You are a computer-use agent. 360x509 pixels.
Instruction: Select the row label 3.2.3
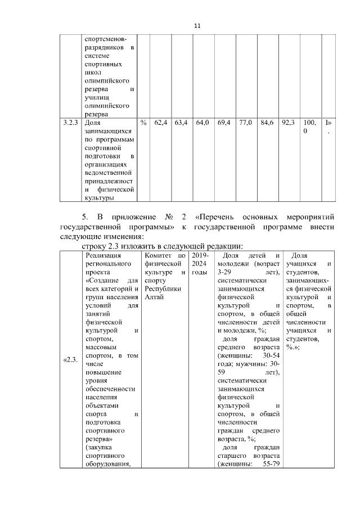[71, 122]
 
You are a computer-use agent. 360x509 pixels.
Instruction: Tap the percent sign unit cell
[143, 122]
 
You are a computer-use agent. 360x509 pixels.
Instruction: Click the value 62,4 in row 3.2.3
[161, 122]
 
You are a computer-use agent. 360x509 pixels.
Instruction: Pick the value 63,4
[181, 122]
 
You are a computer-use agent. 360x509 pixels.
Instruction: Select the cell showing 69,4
[223, 122]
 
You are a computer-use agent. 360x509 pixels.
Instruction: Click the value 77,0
[245, 122]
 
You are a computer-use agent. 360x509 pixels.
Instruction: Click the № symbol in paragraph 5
[171, 217]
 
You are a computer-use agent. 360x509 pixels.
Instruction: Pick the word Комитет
[157, 256]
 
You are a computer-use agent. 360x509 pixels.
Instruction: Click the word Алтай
[154, 297]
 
